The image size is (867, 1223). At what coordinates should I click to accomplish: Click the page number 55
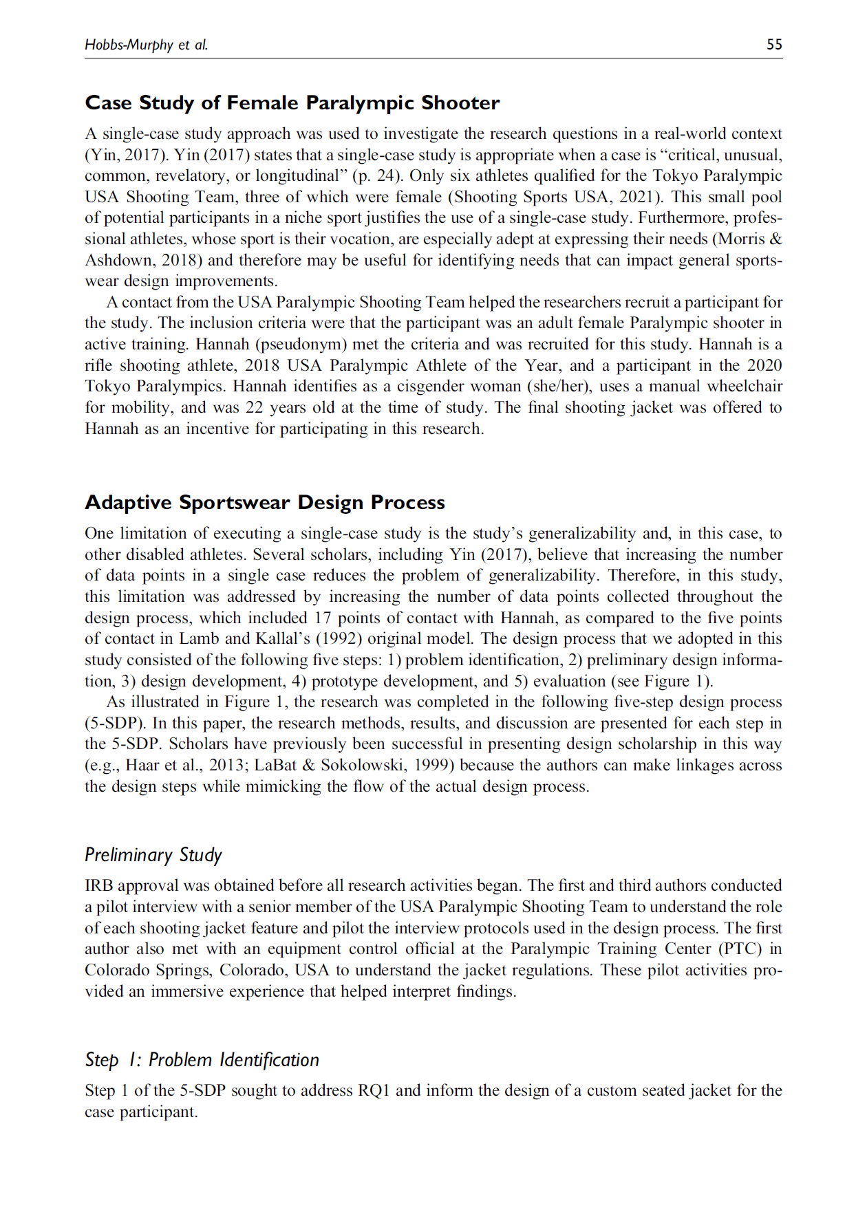pyautogui.click(x=774, y=45)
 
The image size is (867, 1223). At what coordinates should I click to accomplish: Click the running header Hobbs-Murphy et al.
pyautogui.click(x=146, y=45)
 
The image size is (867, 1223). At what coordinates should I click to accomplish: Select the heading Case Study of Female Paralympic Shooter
pyautogui.click(x=292, y=103)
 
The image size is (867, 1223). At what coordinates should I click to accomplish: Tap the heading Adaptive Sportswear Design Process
pyautogui.click(x=264, y=503)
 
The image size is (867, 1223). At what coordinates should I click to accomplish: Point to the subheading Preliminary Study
pyautogui.click(x=153, y=855)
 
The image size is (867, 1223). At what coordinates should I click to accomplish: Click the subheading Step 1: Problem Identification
pyautogui.click(x=202, y=1060)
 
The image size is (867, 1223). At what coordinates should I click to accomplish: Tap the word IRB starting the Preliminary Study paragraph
pyautogui.click(x=100, y=886)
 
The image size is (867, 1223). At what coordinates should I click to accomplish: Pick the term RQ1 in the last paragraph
pyautogui.click(x=374, y=1091)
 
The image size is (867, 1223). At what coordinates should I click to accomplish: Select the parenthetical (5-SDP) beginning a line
pyautogui.click(x=116, y=724)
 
